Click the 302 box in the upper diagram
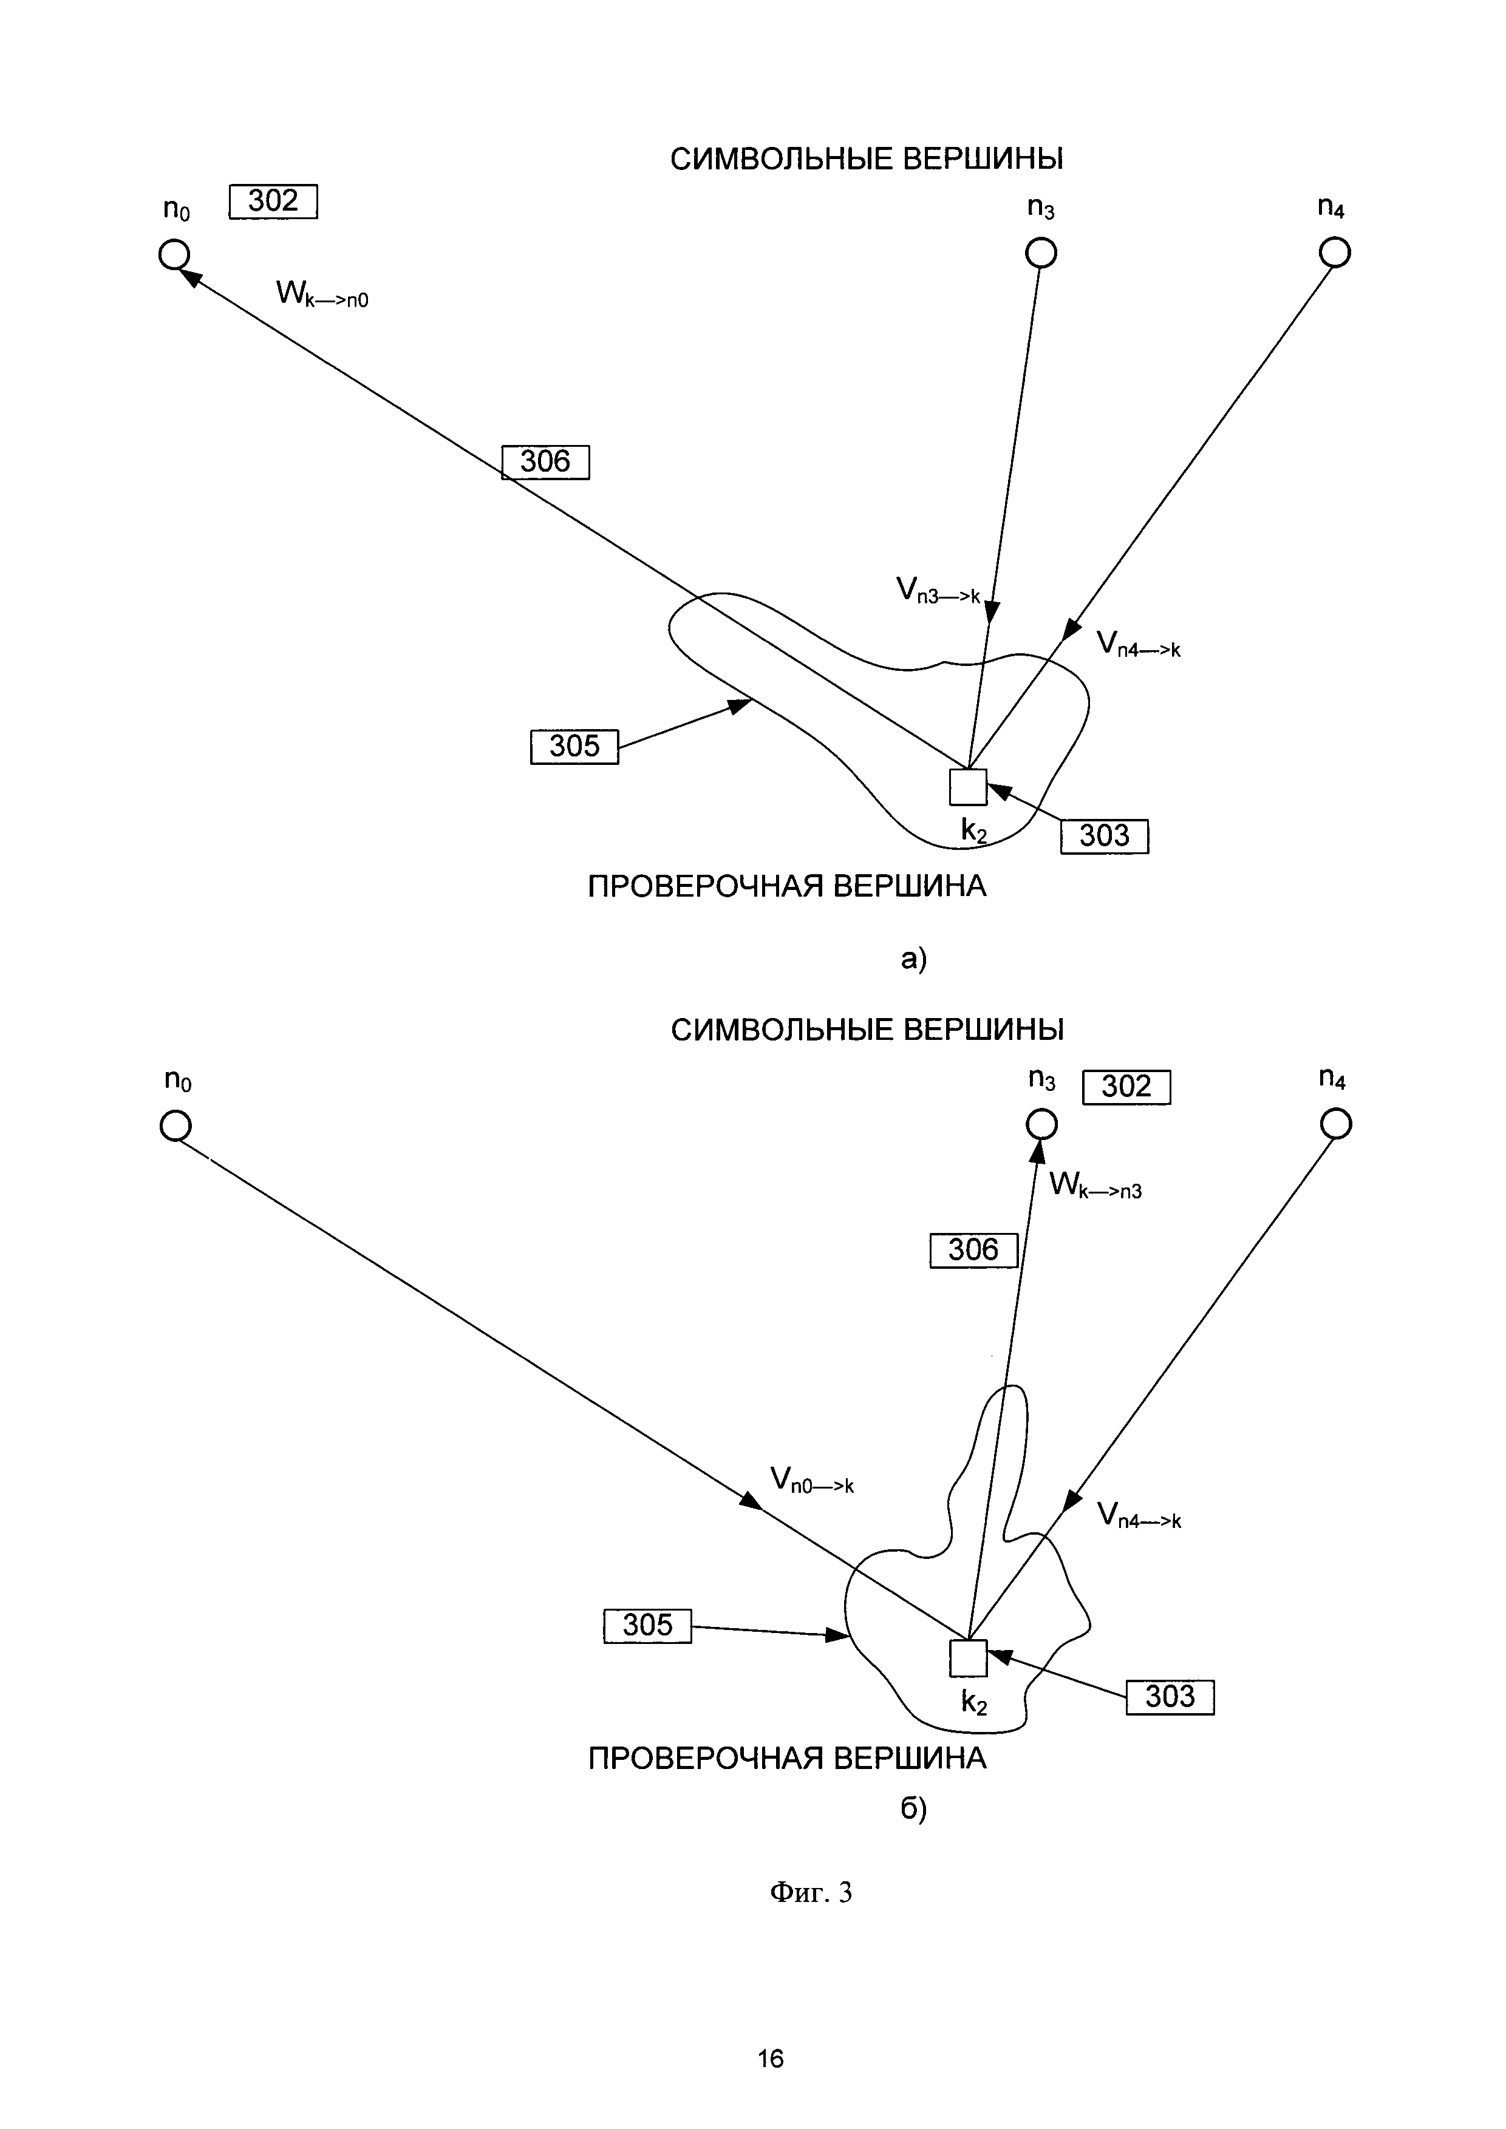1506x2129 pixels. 273,201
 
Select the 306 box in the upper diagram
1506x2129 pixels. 545,462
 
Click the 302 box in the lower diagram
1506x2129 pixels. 1126,1087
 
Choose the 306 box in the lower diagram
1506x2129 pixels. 973,1250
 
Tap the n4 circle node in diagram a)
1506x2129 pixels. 1335,252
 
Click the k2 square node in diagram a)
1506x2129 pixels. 968,787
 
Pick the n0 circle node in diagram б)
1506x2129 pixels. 175,1126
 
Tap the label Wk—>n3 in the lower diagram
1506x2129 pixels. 1095,1185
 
